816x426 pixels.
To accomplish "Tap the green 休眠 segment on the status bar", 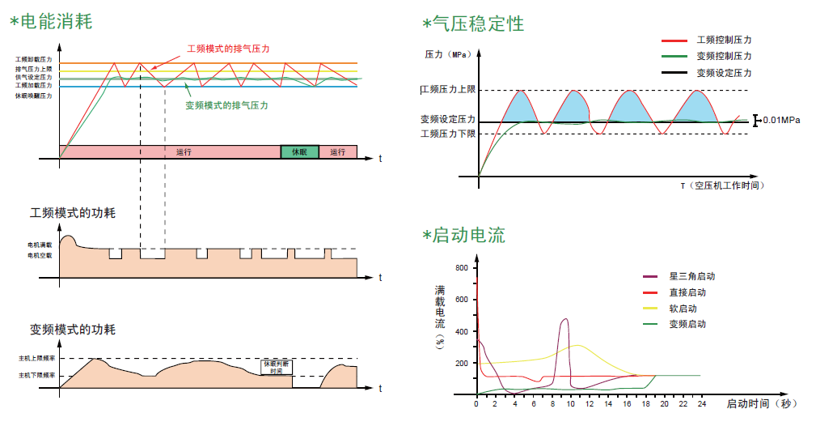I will (x=299, y=152).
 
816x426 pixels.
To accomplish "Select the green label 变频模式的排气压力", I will (x=227, y=105).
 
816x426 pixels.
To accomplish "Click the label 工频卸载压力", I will (x=33, y=60).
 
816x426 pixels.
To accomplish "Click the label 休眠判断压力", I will (x=33, y=96).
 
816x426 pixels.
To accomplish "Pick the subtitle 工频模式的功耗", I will (x=73, y=213).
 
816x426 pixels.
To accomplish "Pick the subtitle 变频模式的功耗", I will (x=73, y=330).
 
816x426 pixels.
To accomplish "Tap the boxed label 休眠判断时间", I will (x=277, y=367).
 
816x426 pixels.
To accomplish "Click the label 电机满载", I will (x=39, y=245).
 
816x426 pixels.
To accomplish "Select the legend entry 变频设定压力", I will (x=725, y=73).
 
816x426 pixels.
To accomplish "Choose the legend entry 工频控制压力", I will (x=725, y=40).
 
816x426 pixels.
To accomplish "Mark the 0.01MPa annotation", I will (x=781, y=120).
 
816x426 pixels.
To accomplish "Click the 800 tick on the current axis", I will (x=462, y=268).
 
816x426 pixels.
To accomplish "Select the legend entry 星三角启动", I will (x=692, y=276).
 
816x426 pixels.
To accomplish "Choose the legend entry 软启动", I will (x=683, y=309).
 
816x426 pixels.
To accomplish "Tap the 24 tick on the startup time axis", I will (x=702, y=403).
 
